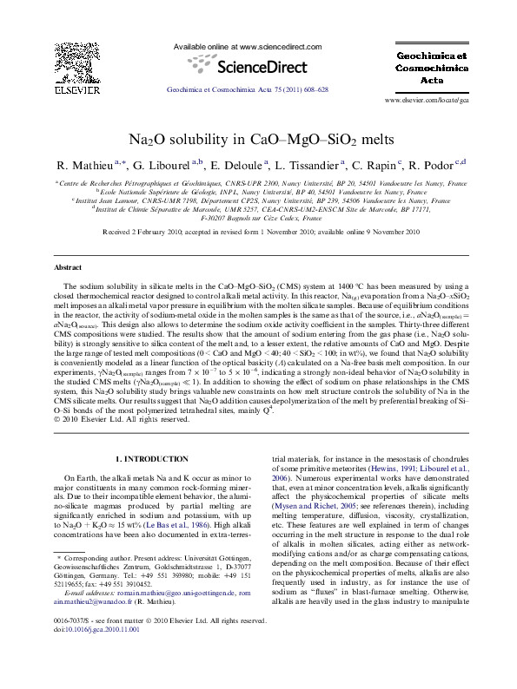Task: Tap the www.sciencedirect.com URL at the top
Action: tap(248, 47)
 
